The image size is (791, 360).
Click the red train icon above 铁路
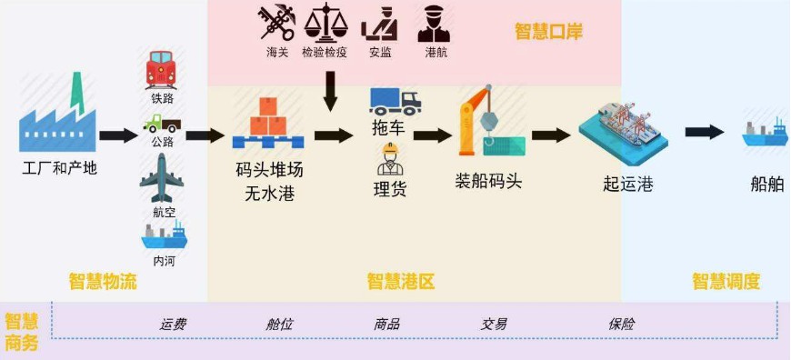point(161,70)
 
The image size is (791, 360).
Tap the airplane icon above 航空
point(162,177)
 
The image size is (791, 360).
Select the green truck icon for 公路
point(162,124)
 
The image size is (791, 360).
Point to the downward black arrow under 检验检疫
point(330,91)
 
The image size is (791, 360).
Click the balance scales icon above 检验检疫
point(325,23)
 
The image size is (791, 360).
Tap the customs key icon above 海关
point(277,23)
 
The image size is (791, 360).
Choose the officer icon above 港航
point(434,24)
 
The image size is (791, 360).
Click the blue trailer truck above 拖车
point(395,102)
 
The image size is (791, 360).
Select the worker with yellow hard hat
point(390,158)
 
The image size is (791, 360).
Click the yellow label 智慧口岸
point(548,31)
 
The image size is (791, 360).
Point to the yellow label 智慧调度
point(726,281)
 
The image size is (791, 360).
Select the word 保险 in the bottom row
point(622,324)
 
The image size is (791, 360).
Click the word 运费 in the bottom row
point(173,324)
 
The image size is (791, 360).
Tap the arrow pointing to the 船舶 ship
point(705,132)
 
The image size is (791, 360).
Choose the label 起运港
point(628,184)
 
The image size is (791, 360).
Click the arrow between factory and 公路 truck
point(118,135)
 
